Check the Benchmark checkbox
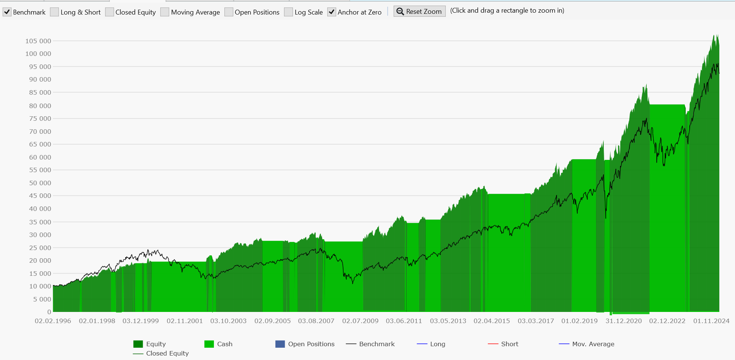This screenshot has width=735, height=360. click(x=7, y=12)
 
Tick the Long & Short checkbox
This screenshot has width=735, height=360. click(x=54, y=12)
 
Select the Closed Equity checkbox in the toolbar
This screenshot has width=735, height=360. click(x=110, y=12)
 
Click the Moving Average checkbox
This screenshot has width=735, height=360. click(x=165, y=12)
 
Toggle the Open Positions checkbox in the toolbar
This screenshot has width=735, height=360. click(x=229, y=12)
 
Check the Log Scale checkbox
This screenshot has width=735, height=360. click(x=288, y=12)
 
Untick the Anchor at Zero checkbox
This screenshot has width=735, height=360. click(x=332, y=12)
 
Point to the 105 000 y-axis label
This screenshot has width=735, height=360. click(x=38, y=41)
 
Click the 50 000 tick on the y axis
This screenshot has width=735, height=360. click(x=40, y=183)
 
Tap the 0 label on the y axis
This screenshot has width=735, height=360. click(x=49, y=312)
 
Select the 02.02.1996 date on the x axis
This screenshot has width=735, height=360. click(x=53, y=321)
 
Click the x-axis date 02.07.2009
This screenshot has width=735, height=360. click(x=360, y=321)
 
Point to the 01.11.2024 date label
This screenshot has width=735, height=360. click(x=711, y=321)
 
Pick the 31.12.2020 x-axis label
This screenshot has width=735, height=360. click(x=624, y=321)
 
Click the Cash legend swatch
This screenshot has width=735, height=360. click(x=209, y=344)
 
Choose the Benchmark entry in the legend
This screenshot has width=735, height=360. click(x=377, y=344)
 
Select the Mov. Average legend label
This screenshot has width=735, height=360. click(x=593, y=344)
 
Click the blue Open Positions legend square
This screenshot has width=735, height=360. click(x=280, y=344)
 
